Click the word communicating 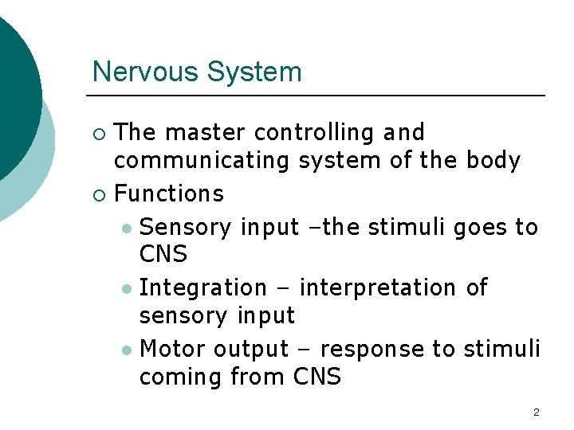pos(202,162)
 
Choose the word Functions pos(169,193)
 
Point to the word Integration pos(202,287)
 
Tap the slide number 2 pos(536,412)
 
